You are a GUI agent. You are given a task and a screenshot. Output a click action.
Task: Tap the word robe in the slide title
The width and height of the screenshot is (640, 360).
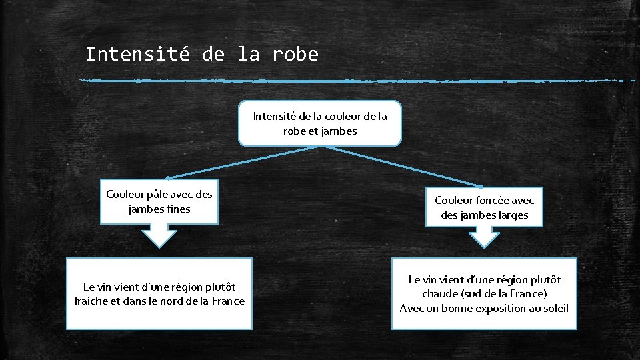(295, 54)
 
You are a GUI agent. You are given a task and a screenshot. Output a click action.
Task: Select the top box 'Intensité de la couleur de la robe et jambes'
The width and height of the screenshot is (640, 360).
(320, 123)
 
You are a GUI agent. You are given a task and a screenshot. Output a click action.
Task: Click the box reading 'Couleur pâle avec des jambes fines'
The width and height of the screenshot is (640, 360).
(159, 201)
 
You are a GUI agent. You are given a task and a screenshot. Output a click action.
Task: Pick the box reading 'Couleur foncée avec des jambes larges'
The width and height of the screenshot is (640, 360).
(485, 207)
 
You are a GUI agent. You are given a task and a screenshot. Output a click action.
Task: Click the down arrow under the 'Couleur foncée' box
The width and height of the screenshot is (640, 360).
(485, 237)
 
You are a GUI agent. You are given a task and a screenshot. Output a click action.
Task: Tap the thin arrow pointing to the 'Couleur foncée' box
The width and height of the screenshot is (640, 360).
(403, 165)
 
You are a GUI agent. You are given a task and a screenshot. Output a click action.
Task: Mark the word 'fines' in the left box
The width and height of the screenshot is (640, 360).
(177, 209)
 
